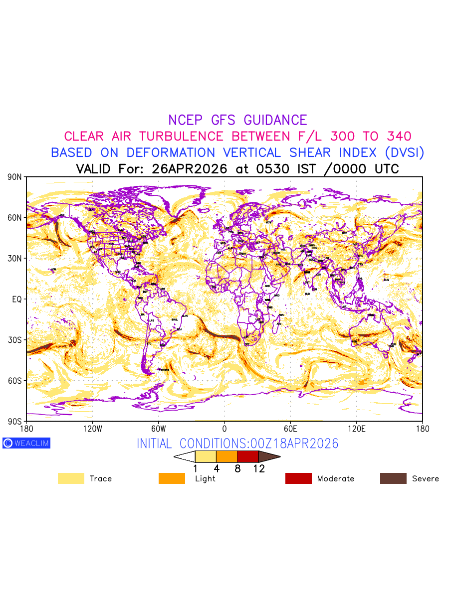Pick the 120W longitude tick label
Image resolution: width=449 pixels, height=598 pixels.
[x=92, y=429]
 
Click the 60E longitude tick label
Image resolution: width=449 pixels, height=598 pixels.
[x=290, y=429]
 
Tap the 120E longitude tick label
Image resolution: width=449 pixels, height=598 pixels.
[x=356, y=429]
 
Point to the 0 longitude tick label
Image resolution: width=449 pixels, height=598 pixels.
[x=224, y=429]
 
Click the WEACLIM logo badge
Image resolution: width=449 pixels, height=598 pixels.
[x=26, y=443]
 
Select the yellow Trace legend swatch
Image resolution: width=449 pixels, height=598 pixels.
[x=71, y=478]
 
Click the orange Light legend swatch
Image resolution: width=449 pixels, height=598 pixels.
[x=172, y=478]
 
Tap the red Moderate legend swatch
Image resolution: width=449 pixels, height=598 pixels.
[x=298, y=478]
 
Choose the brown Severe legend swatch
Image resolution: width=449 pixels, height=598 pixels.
[x=393, y=478]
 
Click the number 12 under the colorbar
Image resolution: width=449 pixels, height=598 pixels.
[x=258, y=468]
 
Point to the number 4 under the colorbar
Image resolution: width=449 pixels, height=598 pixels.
[x=217, y=468]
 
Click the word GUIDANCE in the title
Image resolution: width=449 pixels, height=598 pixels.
[x=275, y=120]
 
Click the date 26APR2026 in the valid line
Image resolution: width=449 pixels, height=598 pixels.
[x=190, y=169]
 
